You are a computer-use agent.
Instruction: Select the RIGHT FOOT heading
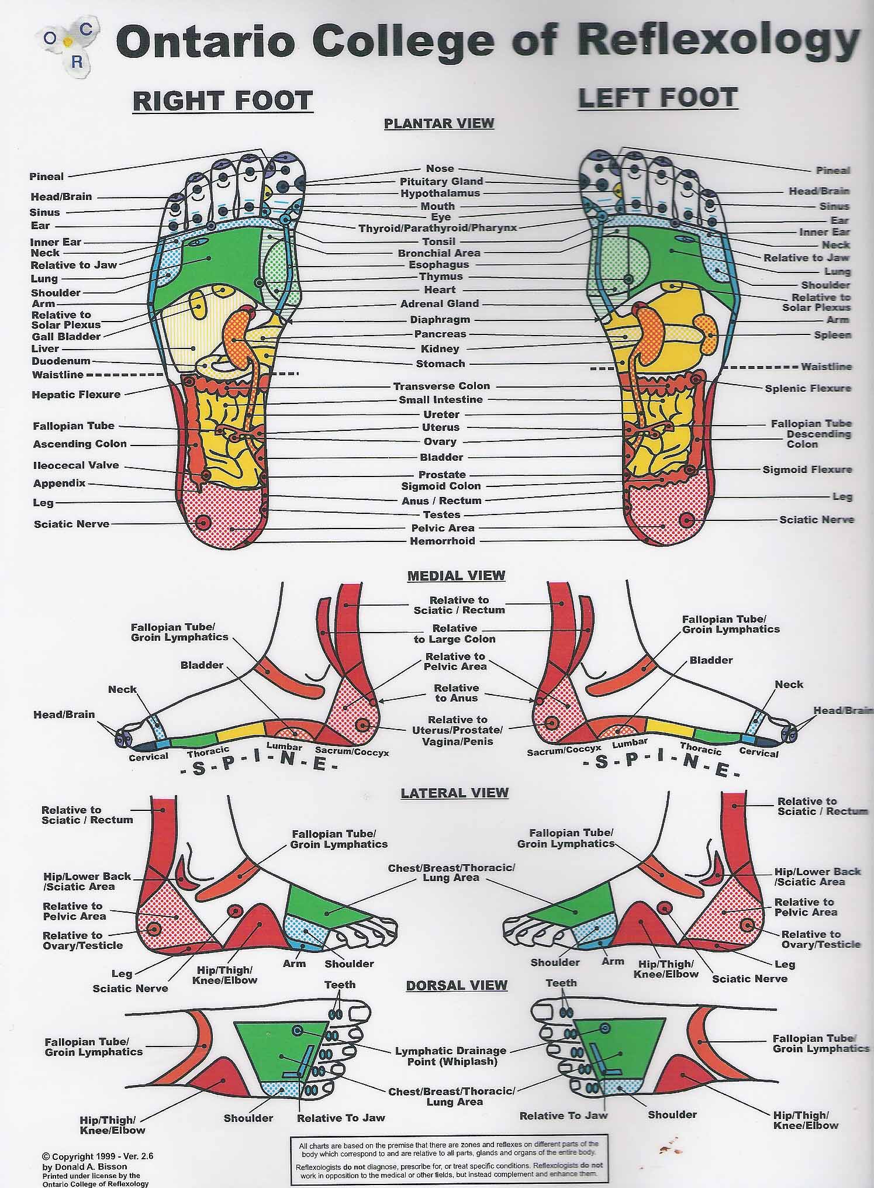click(x=223, y=101)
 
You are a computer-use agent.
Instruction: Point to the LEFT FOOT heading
click(x=658, y=98)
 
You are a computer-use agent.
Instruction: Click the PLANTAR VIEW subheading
click(x=439, y=123)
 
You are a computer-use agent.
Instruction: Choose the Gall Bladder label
click(x=66, y=336)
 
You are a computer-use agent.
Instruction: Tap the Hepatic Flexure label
click(x=76, y=395)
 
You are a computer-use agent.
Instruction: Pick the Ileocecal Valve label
click(x=76, y=465)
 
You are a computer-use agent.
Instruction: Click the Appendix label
click(x=60, y=484)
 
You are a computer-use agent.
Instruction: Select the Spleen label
click(x=832, y=335)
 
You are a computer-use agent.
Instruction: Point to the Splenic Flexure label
click(x=808, y=388)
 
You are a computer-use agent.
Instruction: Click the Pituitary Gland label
click(x=441, y=181)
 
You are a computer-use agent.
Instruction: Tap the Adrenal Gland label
click(x=440, y=303)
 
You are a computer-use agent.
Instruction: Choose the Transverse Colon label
click(x=441, y=386)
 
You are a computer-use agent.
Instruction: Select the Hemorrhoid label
click(x=443, y=541)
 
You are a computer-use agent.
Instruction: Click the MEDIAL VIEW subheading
click(x=456, y=575)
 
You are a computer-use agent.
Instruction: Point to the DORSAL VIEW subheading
click(x=456, y=986)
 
